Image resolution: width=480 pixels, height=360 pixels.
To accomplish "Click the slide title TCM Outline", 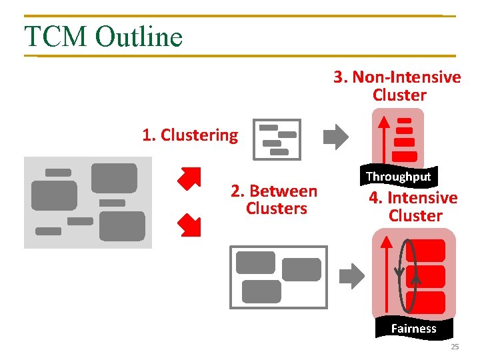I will click(103, 36).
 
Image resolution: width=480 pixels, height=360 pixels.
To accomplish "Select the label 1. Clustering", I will click(190, 135).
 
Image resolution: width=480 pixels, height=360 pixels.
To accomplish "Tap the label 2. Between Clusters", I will click(274, 200).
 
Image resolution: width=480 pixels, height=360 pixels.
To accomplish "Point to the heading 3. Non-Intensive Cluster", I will click(398, 86).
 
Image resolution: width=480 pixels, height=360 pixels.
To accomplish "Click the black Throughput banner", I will click(399, 177).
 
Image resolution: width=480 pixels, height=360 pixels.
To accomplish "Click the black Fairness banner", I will click(413, 328).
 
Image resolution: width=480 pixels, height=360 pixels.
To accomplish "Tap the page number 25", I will click(455, 347).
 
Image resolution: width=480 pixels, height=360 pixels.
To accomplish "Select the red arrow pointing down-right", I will click(189, 225).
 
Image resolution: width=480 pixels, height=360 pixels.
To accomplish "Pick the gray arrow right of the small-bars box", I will click(336, 137).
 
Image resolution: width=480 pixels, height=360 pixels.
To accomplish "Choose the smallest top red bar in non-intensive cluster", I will click(404, 121).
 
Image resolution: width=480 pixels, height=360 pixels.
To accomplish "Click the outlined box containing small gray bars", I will click(277, 139).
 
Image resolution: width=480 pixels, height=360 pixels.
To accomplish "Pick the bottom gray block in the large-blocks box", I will click(261, 291).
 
